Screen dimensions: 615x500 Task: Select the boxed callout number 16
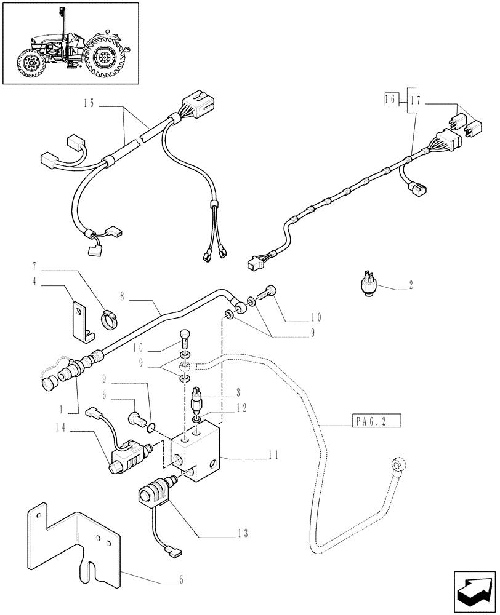[x=389, y=99]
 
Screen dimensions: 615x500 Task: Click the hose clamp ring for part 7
[x=109, y=319]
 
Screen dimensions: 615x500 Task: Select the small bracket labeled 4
[x=82, y=319]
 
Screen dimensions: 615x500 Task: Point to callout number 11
[x=274, y=455]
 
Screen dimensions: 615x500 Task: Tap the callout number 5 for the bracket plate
[x=181, y=579]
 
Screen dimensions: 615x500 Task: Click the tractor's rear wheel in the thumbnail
[x=105, y=58]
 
